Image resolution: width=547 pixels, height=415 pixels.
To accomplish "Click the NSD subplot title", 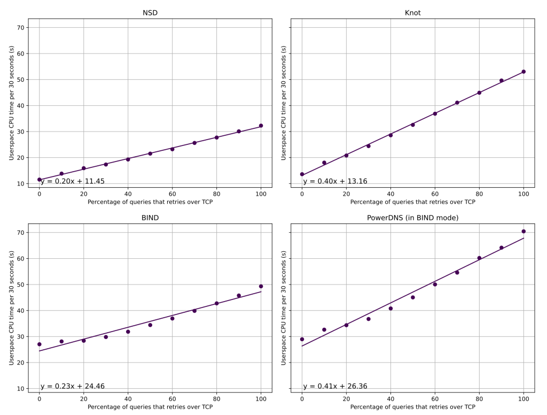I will pyautogui.click(x=150, y=13).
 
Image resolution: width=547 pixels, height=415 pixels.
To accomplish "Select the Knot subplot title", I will pyautogui.click(x=412, y=13).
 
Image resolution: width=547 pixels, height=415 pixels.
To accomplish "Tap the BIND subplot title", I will pyautogui.click(x=150, y=218).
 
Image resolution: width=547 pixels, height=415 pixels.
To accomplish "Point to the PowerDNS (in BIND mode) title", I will pyautogui.click(x=412, y=218).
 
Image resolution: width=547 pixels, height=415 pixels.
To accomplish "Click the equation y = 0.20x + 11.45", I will pyautogui.click(x=73, y=181).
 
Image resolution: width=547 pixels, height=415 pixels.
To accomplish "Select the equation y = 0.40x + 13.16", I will pyautogui.click(x=335, y=181).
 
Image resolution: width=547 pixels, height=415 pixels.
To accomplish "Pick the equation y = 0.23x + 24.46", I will pyautogui.click(x=73, y=387).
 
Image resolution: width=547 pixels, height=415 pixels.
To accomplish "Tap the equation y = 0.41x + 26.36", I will pyautogui.click(x=335, y=387).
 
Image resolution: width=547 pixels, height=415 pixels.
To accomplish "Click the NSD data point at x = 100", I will pyautogui.click(x=261, y=126).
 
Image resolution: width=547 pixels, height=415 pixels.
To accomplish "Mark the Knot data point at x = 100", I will pyautogui.click(x=523, y=72).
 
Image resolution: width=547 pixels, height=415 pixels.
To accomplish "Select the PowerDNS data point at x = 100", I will pyautogui.click(x=523, y=232).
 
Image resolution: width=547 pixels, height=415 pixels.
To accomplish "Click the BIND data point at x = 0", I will pyautogui.click(x=40, y=344).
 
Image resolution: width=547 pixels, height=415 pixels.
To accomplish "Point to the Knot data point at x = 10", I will pyautogui.click(x=324, y=163).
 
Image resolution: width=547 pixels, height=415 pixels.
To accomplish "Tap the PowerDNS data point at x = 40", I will pyautogui.click(x=390, y=309).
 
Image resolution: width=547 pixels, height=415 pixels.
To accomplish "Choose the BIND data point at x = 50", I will pyautogui.click(x=150, y=325).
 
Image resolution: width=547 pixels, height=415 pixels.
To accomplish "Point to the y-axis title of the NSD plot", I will pyautogui.click(x=11, y=103).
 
